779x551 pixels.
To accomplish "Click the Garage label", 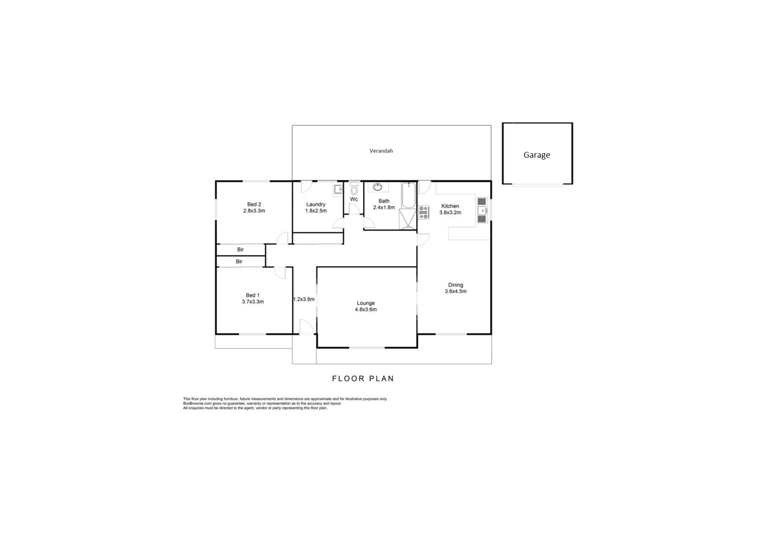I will coord(537,155).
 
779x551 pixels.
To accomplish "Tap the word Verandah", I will coord(381,151).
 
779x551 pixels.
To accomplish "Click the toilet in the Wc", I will coord(354,189).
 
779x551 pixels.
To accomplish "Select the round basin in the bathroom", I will coord(378,187).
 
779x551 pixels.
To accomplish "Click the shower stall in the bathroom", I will coord(408,220).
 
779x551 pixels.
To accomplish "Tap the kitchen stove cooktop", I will coord(424,212).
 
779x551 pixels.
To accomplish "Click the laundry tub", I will coord(338,190).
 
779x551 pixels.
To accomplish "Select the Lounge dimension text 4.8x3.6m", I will coord(366,310).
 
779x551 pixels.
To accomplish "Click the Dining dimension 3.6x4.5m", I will coord(455,291).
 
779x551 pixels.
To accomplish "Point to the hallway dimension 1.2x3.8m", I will coord(304,299).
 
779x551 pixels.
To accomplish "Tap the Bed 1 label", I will coord(253,295).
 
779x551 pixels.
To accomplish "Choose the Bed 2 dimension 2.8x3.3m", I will coord(254,211).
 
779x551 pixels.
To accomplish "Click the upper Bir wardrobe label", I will coord(240,250).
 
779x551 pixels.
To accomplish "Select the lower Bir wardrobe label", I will coord(239,262).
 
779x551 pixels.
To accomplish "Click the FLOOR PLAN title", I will coord(363,379).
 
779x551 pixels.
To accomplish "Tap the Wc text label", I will coord(354,200).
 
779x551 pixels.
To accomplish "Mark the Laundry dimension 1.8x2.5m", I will coord(316,211).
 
